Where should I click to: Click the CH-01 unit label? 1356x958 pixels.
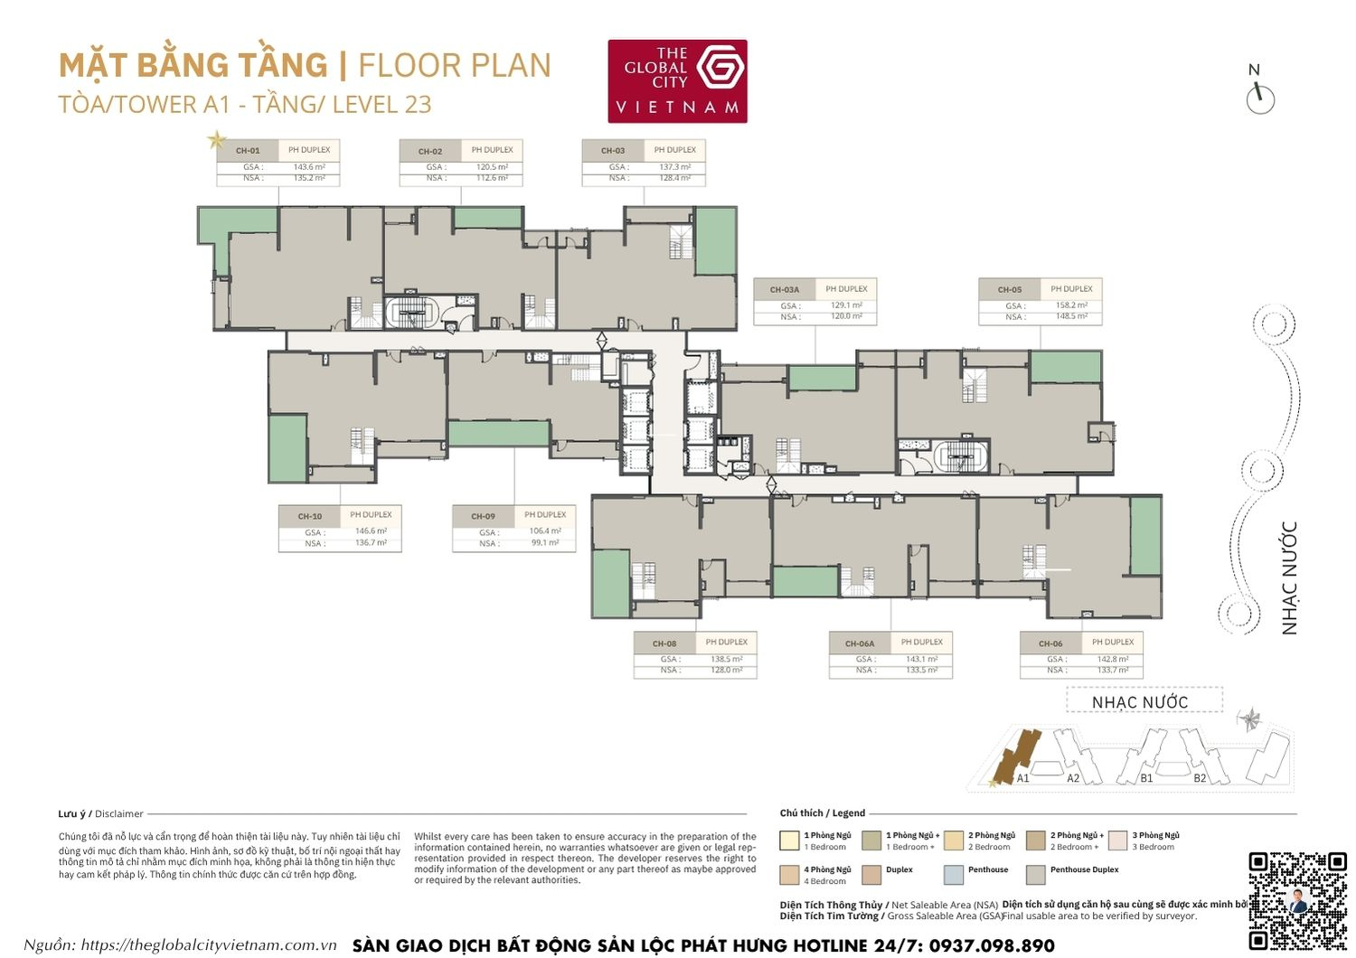pyautogui.click(x=247, y=151)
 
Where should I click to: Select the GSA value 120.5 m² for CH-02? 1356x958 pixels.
pyautogui.click(x=492, y=167)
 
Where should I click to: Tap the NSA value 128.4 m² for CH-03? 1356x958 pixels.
pyautogui.click(x=674, y=178)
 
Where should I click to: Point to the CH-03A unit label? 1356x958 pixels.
pyautogui.click(x=784, y=290)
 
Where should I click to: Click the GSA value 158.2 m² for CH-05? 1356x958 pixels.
pyautogui.click(x=1071, y=305)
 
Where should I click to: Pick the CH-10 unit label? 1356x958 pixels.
pyautogui.click(x=309, y=516)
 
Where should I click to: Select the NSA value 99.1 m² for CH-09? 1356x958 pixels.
pyautogui.click(x=544, y=543)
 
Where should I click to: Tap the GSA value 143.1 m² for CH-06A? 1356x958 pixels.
pyautogui.click(x=921, y=660)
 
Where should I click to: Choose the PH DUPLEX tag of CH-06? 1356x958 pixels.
pyautogui.click(x=1112, y=643)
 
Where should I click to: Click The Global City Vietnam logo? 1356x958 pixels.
pyautogui.click(x=677, y=80)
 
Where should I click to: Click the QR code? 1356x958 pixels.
pyautogui.click(x=1297, y=899)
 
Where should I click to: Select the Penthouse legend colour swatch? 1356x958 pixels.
pyautogui.click(x=953, y=874)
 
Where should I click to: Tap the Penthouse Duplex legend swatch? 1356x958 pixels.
pyautogui.click(x=1036, y=874)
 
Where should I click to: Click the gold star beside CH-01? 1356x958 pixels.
pyautogui.click(x=217, y=139)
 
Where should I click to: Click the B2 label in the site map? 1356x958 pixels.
pyautogui.click(x=1200, y=778)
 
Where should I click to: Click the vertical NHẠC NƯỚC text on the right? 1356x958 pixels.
pyautogui.click(x=1289, y=578)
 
